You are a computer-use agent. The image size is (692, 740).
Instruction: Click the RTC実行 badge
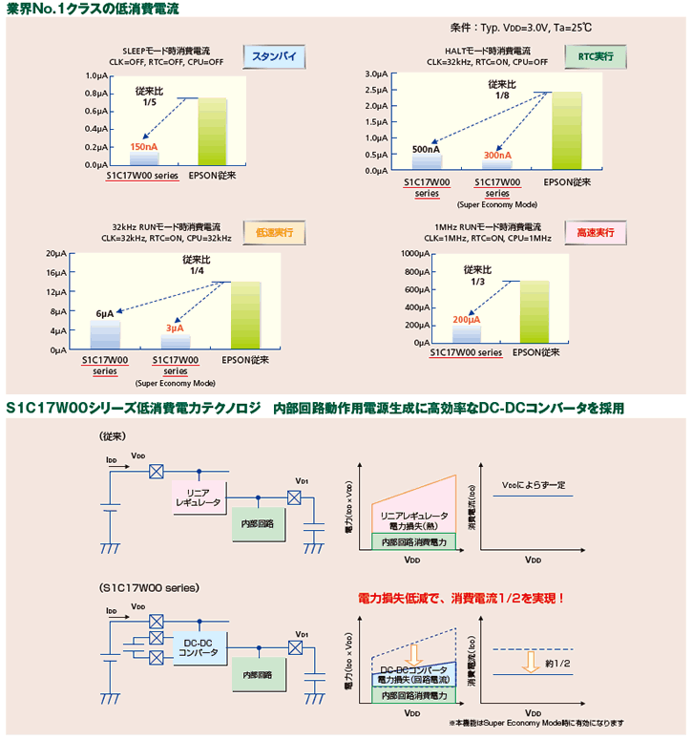click(596, 57)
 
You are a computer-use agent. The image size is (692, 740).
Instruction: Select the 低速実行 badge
click(274, 232)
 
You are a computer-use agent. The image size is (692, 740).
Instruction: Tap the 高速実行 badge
click(597, 232)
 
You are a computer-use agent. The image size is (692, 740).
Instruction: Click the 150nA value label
click(144, 146)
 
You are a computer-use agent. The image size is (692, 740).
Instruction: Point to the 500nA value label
click(426, 149)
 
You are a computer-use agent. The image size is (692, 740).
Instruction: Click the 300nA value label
click(497, 155)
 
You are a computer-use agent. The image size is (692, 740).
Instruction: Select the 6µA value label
click(105, 313)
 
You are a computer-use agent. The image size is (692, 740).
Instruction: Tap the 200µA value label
click(467, 319)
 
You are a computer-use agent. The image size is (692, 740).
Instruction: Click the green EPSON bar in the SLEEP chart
click(213, 132)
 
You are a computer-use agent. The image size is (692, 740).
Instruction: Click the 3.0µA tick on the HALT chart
click(375, 74)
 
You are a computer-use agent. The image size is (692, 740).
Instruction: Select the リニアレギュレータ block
click(198, 497)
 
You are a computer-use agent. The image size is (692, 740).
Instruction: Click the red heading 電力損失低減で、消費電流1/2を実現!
click(461, 599)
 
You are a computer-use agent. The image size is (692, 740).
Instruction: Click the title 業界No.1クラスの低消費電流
click(93, 9)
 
